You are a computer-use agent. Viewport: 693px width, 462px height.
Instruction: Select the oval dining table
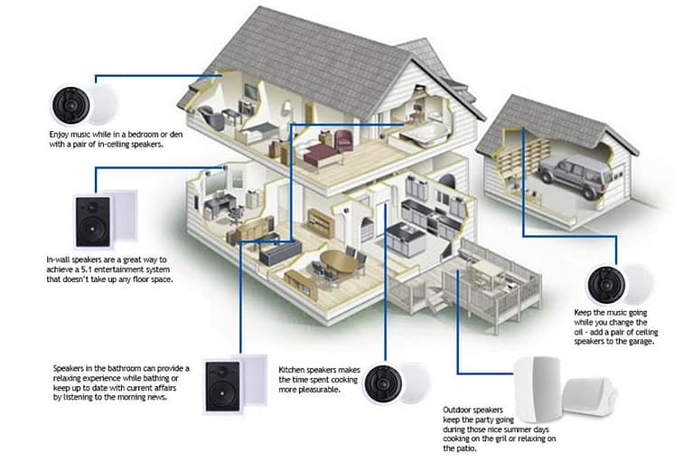[x=338, y=262]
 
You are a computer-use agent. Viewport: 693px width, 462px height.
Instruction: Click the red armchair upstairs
[x=343, y=139]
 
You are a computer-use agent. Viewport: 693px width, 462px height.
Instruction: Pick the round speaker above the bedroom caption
[x=69, y=104]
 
